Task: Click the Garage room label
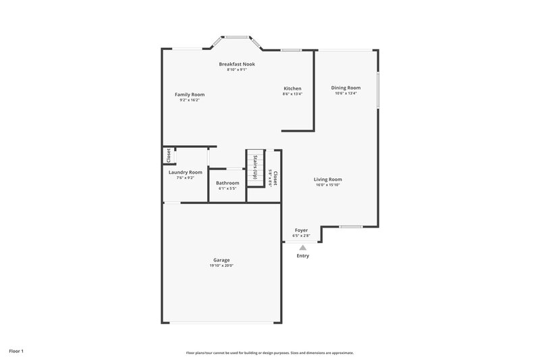coord(221,260)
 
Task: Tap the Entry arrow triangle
coord(302,248)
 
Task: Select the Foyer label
coord(302,230)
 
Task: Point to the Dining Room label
coord(346,88)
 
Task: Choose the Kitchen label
coord(292,88)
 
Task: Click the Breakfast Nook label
coord(237,64)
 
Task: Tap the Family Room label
coord(190,95)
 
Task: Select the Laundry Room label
coord(185,172)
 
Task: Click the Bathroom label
coord(227,183)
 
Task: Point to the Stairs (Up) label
coord(256,168)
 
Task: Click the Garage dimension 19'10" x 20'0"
coord(221,266)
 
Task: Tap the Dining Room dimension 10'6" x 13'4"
coord(346,94)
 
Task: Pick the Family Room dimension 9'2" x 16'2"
coord(190,101)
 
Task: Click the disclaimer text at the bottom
coord(270,353)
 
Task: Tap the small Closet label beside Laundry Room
coord(168,155)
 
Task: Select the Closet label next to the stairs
coord(275,178)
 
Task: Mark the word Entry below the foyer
coord(302,256)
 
